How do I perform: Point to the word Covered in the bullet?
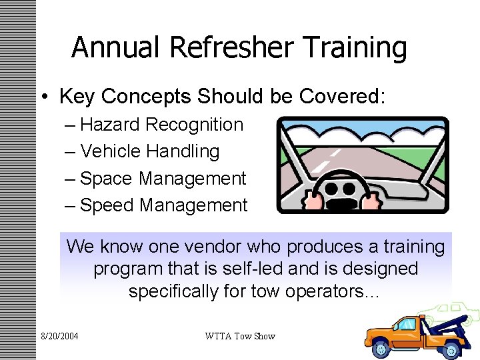pyautogui.click(x=340, y=97)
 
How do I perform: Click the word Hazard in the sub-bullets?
pyautogui.click(x=110, y=125)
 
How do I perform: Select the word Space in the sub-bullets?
pyautogui.click(x=107, y=179)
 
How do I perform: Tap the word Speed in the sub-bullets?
pyautogui.click(x=107, y=205)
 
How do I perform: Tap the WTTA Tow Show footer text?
pyautogui.click(x=239, y=336)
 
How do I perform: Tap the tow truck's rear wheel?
pyautogui.click(x=451, y=348)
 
